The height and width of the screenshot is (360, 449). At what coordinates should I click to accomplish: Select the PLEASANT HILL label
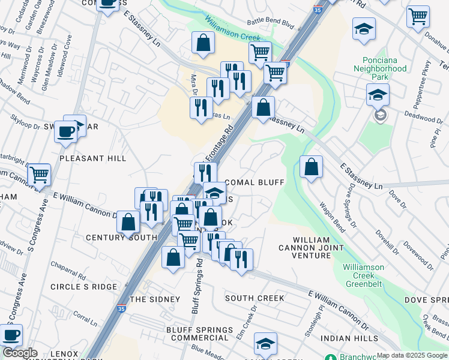[93, 158]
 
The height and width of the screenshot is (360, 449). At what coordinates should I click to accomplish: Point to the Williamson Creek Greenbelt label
[368, 271]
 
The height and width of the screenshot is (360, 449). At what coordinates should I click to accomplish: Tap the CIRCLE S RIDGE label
[83, 287]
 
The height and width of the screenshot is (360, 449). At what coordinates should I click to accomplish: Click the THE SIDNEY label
[155, 299]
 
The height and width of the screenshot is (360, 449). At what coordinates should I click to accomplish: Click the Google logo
[20, 353]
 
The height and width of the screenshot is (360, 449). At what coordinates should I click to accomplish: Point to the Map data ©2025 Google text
[412, 355]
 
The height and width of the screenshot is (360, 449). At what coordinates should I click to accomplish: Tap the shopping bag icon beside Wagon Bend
[311, 167]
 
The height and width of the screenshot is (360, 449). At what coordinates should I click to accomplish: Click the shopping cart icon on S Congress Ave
[39, 175]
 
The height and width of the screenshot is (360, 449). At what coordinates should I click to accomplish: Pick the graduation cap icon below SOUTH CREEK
[265, 344]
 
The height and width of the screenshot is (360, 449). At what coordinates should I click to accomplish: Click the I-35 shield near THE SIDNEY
[122, 308]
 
